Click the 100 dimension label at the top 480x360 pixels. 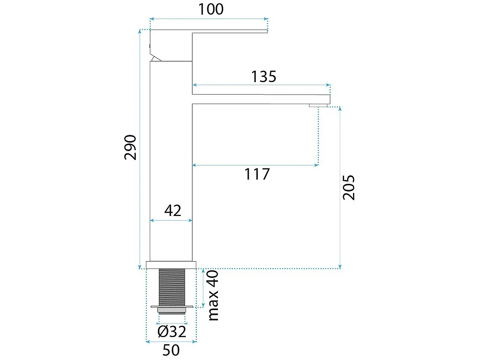click(211, 9)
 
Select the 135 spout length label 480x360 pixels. click(264, 76)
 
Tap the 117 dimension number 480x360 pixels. click(257, 174)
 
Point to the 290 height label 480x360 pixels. click(131, 147)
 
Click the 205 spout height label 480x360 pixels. click(348, 188)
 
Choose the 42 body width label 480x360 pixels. click(173, 211)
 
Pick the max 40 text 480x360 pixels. click(214, 295)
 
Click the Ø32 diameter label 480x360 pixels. click(172, 332)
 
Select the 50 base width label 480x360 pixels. click(171, 350)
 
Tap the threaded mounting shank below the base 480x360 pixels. click(172, 287)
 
